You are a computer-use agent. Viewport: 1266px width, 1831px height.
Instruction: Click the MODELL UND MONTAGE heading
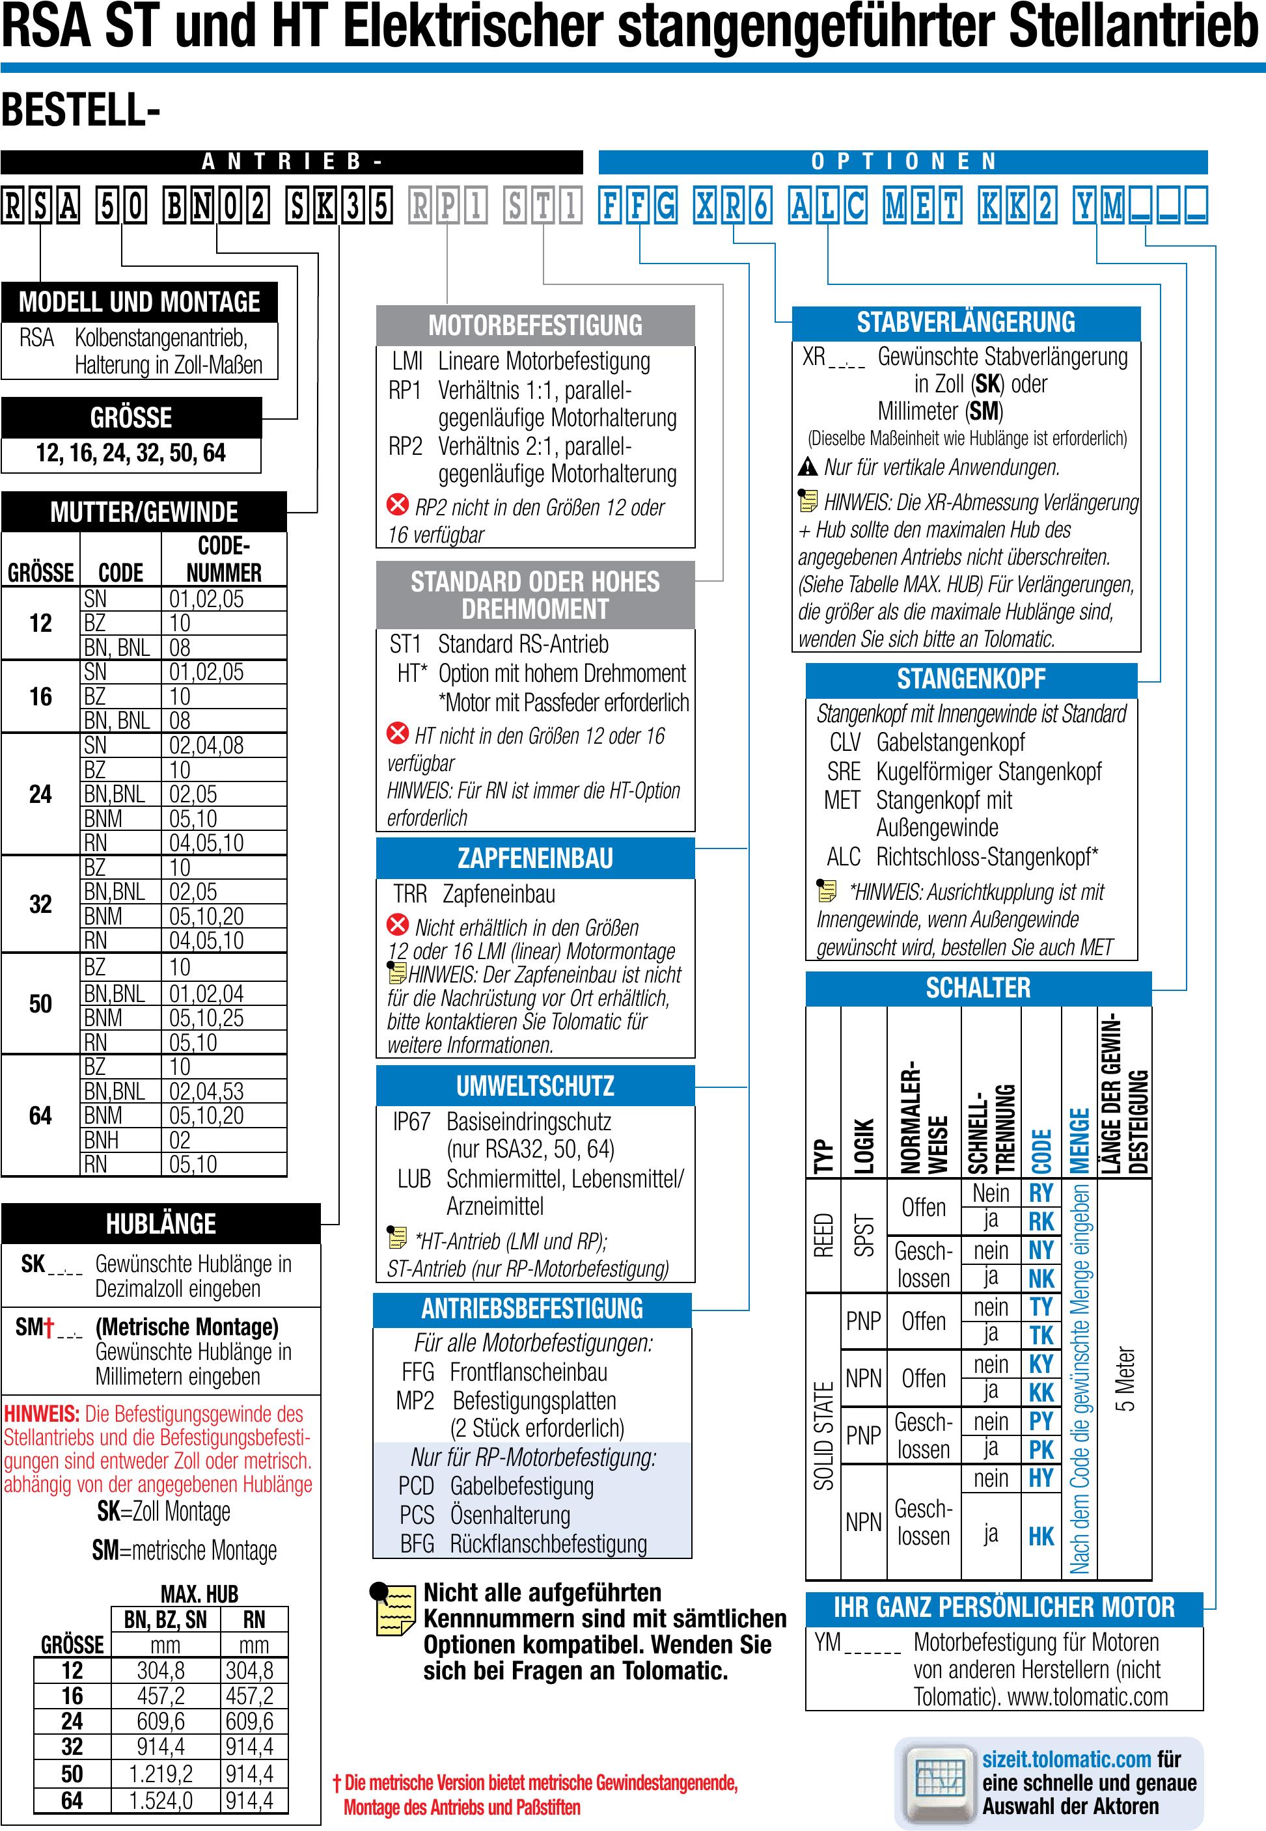(x=139, y=302)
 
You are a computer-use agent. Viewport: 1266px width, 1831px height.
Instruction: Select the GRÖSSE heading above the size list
(x=131, y=418)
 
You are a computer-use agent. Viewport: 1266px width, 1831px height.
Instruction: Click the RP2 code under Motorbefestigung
(x=405, y=446)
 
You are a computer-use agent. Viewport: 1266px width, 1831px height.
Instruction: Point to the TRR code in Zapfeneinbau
(x=409, y=895)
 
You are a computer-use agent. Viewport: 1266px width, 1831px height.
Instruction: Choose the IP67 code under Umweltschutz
(x=411, y=1122)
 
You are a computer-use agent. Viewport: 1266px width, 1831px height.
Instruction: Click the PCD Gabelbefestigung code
(x=416, y=1485)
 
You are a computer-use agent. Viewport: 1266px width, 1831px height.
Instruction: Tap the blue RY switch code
(x=1041, y=1193)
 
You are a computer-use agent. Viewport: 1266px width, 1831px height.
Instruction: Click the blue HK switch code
(x=1041, y=1536)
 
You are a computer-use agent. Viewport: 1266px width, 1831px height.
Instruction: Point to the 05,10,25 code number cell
(x=206, y=1018)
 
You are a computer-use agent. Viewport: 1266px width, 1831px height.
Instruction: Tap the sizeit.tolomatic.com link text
(x=1066, y=1759)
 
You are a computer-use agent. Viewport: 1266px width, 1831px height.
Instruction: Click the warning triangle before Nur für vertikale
(x=808, y=467)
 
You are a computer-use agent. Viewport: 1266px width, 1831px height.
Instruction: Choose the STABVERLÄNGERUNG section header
(x=965, y=323)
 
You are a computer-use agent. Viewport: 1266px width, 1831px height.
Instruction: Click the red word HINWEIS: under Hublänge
(x=41, y=1414)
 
